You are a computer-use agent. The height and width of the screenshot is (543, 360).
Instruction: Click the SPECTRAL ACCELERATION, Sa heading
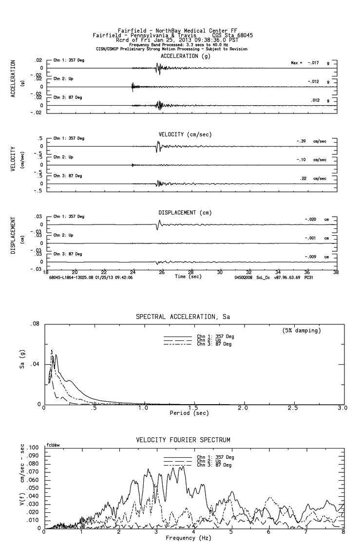tap(183, 317)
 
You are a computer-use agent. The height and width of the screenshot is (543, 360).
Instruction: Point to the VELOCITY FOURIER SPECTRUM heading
tap(183, 440)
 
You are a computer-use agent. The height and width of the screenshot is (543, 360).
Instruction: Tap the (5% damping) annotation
tap(302, 331)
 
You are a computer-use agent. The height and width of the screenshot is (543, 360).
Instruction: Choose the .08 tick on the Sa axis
tap(35, 323)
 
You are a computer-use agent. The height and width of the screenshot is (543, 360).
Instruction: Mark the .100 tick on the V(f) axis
tap(33, 448)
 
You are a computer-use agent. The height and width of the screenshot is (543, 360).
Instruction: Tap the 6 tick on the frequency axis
tap(269, 533)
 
